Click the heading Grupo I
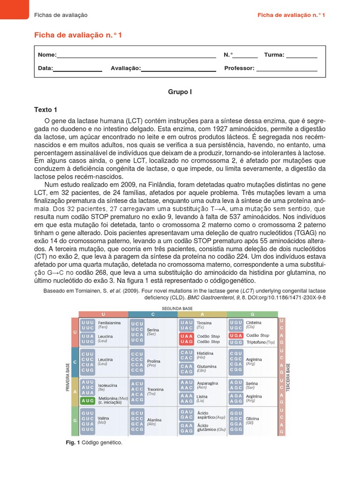pyautogui.click(x=180, y=92)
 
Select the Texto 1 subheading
pyautogui.click(x=45, y=110)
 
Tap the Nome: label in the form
pyautogui.click(x=47, y=55)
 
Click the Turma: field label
pyautogui.click(x=274, y=55)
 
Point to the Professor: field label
pyautogui.click(x=239, y=68)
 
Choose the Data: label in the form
pyautogui.click(x=45, y=68)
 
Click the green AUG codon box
pyautogui.click(x=88, y=401)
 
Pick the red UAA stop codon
pyautogui.click(x=186, y=336)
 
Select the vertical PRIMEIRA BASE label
pyautogui.click(x=67, y=377)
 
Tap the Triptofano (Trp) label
pyautogui.click(x=259, y=342)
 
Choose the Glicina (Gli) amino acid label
pyautogui.click(x=253, y=420)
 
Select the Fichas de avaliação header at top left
pyautogui.click(x=61, y=15)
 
